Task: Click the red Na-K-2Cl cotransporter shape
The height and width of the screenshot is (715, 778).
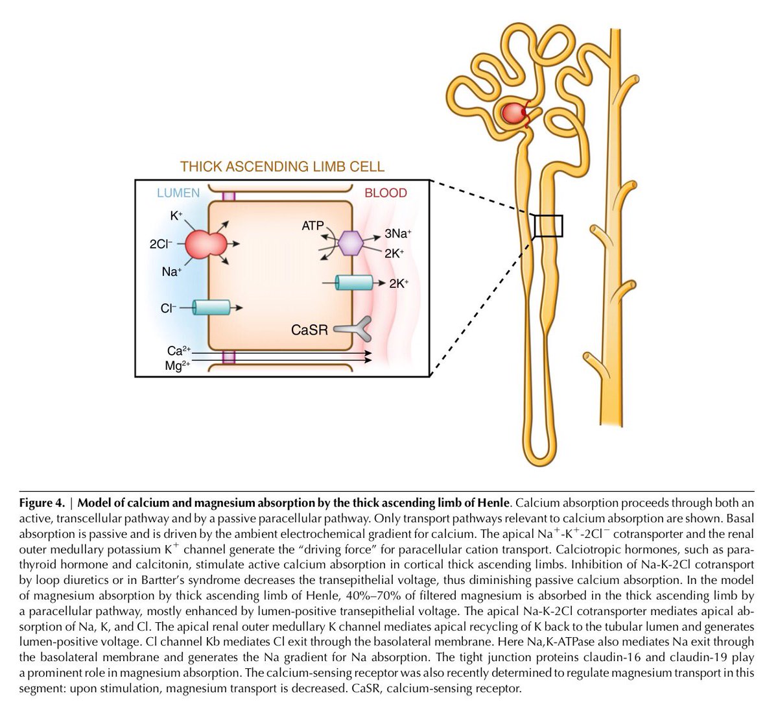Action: [x=206, y=245]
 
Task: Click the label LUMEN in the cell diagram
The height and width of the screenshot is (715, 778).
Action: [x=178, y=193]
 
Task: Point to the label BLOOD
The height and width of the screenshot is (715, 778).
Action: [x=386, y=193]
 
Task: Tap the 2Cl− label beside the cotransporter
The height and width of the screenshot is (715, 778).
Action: [x=161, y=245]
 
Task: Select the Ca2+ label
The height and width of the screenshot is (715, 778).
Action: [x=178, y=351]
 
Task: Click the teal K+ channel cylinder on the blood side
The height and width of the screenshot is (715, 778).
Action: [x=354, y=283]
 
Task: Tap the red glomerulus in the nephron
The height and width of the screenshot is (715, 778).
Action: [x=513, y=114]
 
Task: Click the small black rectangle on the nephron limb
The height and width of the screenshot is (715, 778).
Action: [x=548, y=226]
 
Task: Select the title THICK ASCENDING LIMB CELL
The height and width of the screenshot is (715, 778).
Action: [x=282, y=167]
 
